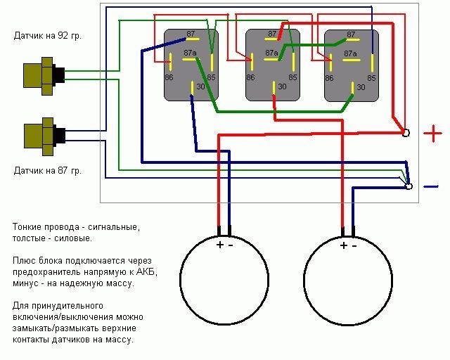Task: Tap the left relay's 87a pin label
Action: [x=190, y=53]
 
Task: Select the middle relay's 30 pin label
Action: [x=282, y=87]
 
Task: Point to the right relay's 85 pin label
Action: [x=371, y=77]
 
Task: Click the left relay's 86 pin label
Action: [x=169, y=77]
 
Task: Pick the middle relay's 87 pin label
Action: [x=272, y=34]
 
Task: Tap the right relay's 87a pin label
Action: [x=350, y=53]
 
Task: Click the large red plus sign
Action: [x=432, y=132]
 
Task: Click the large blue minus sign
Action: [x=430, y=186]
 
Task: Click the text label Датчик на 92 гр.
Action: [x=47, y=34]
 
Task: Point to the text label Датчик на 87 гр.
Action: [x=47, y=171]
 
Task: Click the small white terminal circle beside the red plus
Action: [x=405, y=132]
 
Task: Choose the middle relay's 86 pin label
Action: [x=250, y=77]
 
